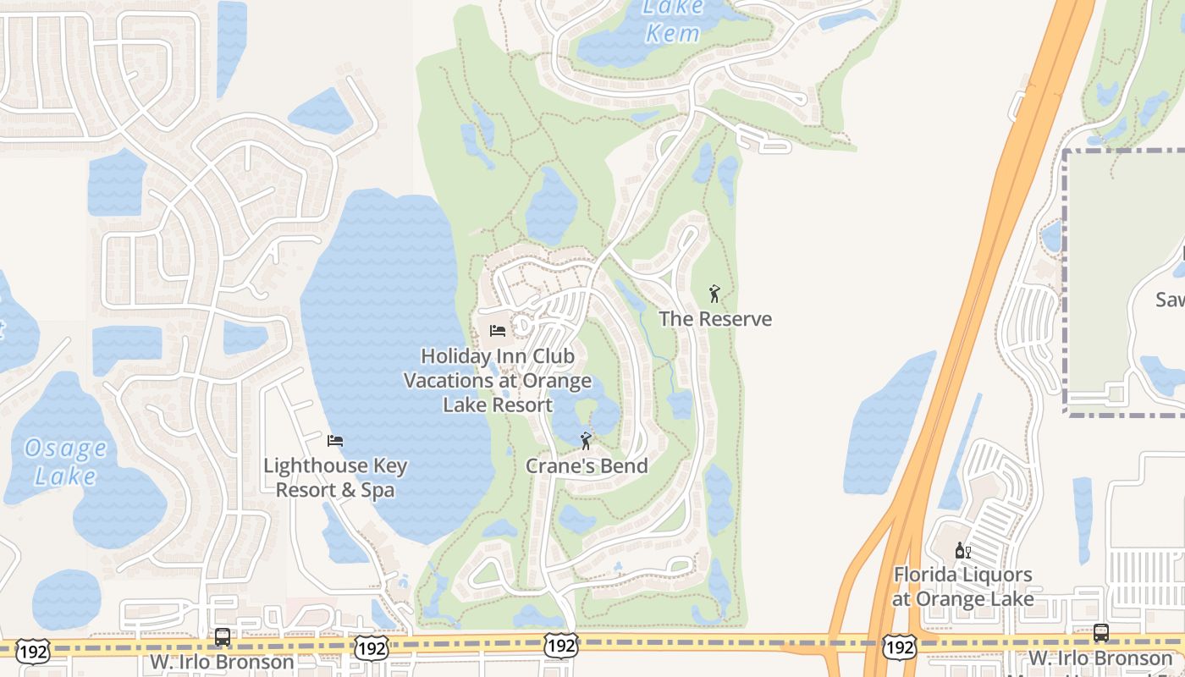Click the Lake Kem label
pyautogui.click(x=673, y=20)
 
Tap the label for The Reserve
pyautogui.click(x=715, y=319)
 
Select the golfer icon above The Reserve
pyautogui.click(x=714, y=294)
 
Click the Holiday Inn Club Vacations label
pyautogui.click(x=498, y=380)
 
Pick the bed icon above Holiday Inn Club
pyautogui.click(x=498, y=330)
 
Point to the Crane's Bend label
pyautogui.click(x=587, y=465)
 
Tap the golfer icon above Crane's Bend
pyautogui.click(x=585, y=441)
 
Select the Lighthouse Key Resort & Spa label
pyautogui.click(x=335, y=477)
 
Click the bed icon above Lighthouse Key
pyautogui.click(x=335, y=441)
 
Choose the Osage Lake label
pyautogui.click(x=65, y=461)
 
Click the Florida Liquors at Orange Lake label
pyautogui.click(x=963, y=586)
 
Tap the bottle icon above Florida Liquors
pyautogui.click(x=962, y=551)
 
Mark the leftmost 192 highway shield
pyautogui.click(x=32, y=650)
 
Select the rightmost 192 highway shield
pyautogui.click(x=899, y=647)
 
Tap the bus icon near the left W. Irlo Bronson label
pyautogui.click(x=223, y=636)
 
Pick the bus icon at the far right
pyautogui.click(x=1101, y=632)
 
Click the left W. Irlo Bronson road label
pyautogui.click(x=223, y=662)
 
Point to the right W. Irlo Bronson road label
pyautogui.click(x=1100, y=658)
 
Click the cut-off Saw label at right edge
pyautogui.click(x=1170, y=300)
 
